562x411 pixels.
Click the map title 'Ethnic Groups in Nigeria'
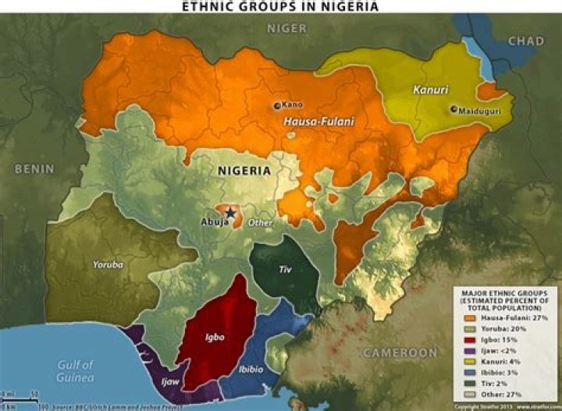280,6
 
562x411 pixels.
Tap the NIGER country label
287,28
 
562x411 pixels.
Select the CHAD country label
527,41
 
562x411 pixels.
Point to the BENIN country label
34,168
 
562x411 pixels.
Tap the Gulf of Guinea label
76,370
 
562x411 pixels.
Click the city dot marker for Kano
276,105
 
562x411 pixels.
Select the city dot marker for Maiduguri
454,110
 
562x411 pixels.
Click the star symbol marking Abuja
229,213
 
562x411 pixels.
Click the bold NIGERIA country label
244,171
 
